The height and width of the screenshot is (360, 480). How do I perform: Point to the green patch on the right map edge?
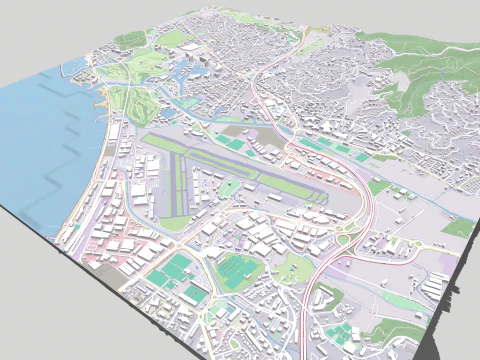458,228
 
